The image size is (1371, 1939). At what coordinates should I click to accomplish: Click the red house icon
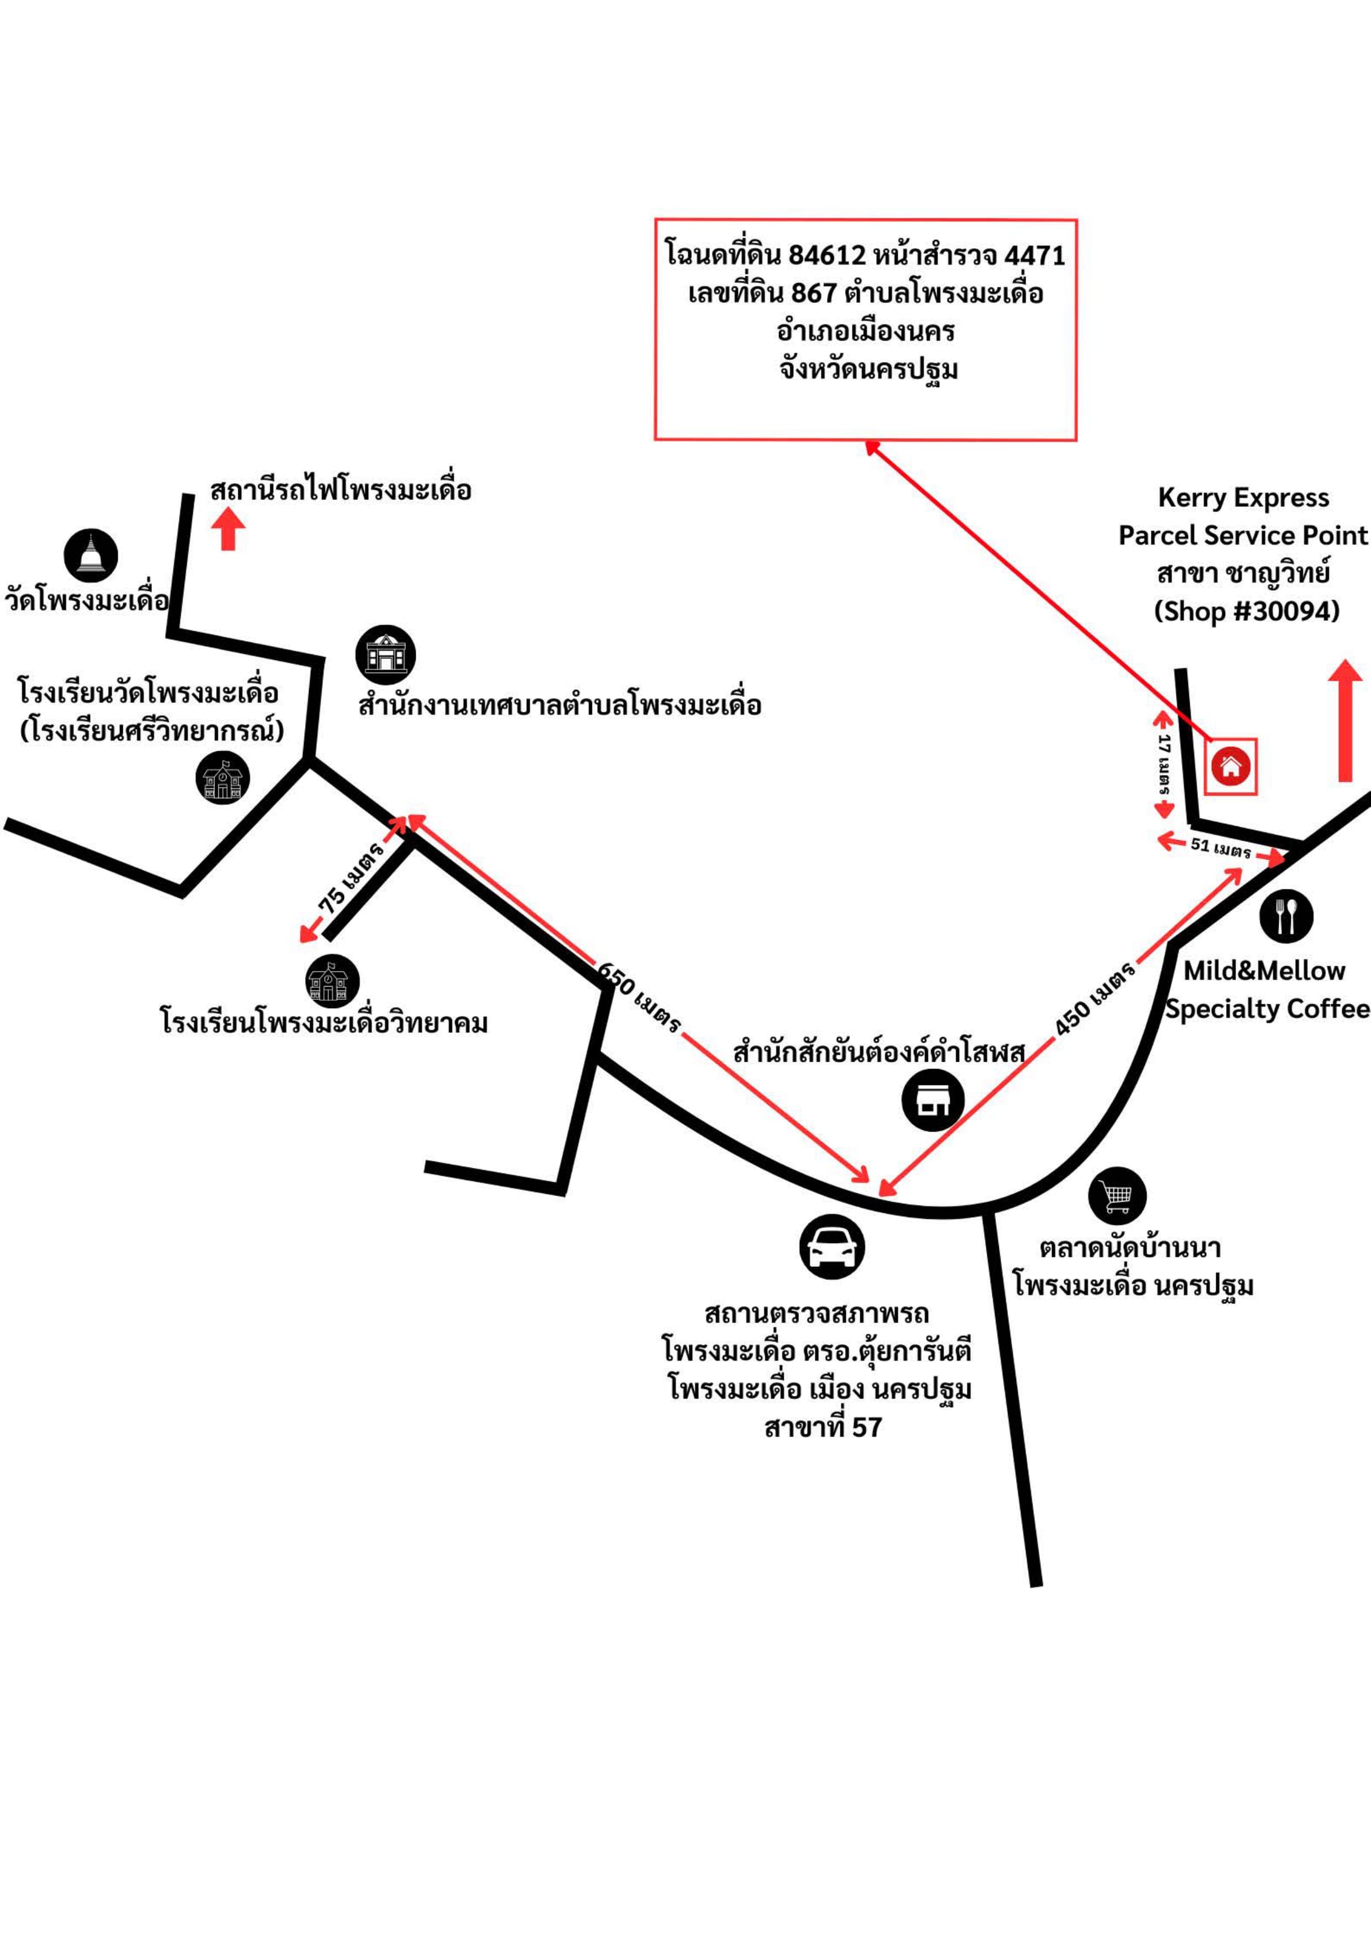pyautogui.click(x=1231, y=766)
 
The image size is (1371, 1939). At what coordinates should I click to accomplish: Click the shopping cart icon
pyautogui.click(x=1118, y=1196)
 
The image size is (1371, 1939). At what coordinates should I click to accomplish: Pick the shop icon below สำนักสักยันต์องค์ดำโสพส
pyautogui.click(x=933, y=1099)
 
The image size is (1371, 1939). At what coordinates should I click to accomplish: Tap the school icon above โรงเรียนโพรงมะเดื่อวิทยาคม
pyautogui.click(x=333, y=981)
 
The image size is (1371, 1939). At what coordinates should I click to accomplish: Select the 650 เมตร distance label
pyautogui.click(x=639, y=997)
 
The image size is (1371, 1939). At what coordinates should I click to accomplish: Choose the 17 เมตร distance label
pyautogui.click(x=1165, y=765)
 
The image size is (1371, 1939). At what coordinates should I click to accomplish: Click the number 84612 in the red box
pyautogui.click(x=827, y=254)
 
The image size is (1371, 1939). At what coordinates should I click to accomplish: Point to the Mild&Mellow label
pyautogui.click(x=1264, y=971)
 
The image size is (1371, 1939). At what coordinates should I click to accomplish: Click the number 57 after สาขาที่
pyautogui.click(x=867, y=1427)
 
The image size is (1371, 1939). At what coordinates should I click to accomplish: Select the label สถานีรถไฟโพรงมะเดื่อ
pyautogui.click(x=341, y=490)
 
